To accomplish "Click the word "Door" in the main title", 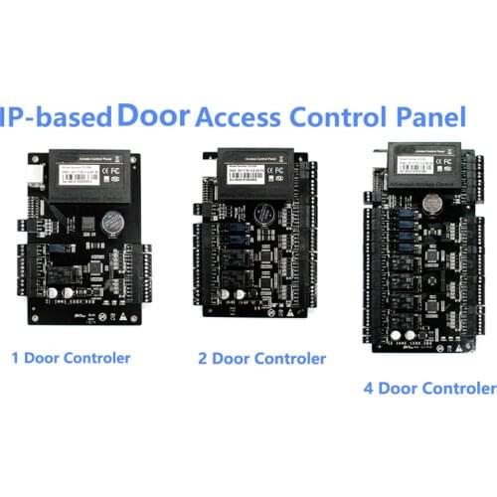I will pyautogui.click(x=153, y=114).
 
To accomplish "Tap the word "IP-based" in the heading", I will pyautogui.click(x=55, y=117).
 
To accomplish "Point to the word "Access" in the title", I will pyautogui.click(x=240, y=116).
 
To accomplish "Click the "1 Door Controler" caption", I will pyautogui.click(x=70, y=356).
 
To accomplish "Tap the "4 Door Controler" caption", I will pyautogui.click(x=429, y=388).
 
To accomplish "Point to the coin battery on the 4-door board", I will pyautogui.click(x=432, y=203).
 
